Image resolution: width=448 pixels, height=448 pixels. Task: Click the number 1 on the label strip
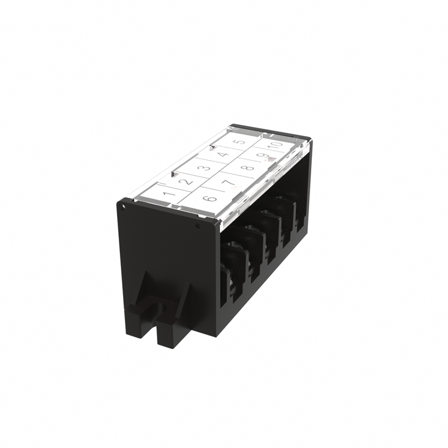(169, 194)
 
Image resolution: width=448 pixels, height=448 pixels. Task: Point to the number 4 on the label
(223, 155)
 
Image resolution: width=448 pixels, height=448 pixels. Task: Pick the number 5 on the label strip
(241, 142)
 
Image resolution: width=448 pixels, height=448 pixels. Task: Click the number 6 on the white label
(211, 198)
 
